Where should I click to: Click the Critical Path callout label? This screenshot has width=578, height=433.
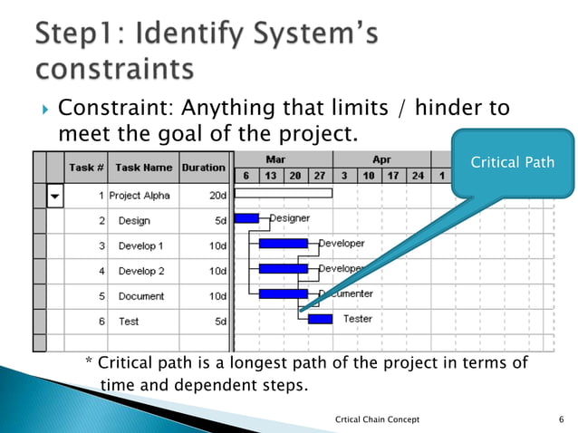tap(512, 162)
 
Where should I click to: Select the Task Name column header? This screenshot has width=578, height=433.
tap(143, 168)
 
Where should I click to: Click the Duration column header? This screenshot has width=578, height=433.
tap(204, 168)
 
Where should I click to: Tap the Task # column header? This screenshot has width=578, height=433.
tap(87, 168)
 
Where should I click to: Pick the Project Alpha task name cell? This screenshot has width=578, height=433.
tap(142, 196)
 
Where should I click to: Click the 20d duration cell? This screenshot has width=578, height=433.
tap(217, 196)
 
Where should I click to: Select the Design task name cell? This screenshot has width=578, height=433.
tap(134, 221)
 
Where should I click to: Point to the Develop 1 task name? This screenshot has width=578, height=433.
tap(140, 245)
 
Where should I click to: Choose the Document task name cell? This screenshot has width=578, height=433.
tap(141, 296)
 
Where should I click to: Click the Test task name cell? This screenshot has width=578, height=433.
tap(129, 321)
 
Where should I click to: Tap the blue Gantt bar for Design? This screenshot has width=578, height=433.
tap(246, 218)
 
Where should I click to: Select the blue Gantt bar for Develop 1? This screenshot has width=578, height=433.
tap(283, 244)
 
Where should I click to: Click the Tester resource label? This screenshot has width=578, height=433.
tap(358, 319)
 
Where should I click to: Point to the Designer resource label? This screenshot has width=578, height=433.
tap(289, 218)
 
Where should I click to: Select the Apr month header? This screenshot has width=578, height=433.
tap(381, 159)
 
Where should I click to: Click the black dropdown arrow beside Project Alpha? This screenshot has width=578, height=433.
tap(55, 196)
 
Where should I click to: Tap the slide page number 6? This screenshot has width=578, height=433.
tap(562, 419)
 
